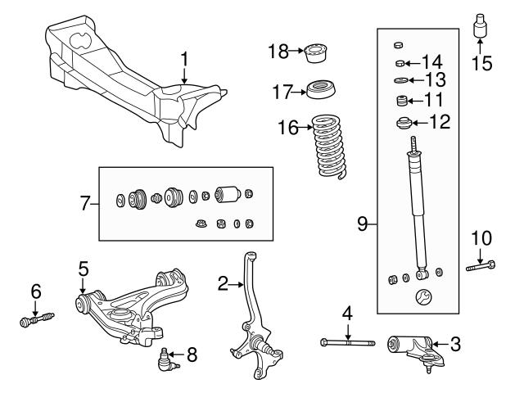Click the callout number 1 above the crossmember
[184, 59]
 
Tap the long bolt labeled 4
[348, 341]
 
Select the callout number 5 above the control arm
[83, 268]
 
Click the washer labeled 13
[401, 80]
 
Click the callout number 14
[431, 62]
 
